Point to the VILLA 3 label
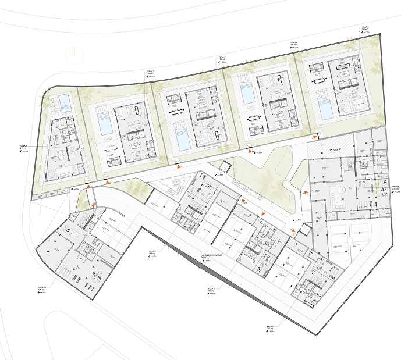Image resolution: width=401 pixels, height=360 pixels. tap(222, 58)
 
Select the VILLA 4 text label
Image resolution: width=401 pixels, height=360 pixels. tap(294, 42)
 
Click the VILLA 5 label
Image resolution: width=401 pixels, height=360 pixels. tap(365, 28)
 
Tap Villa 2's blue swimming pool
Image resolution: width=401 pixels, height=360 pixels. tap(105, 124)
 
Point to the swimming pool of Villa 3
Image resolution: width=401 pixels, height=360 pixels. tap(182, 140)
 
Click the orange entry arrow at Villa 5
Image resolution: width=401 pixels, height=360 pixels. tap(315, 138)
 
